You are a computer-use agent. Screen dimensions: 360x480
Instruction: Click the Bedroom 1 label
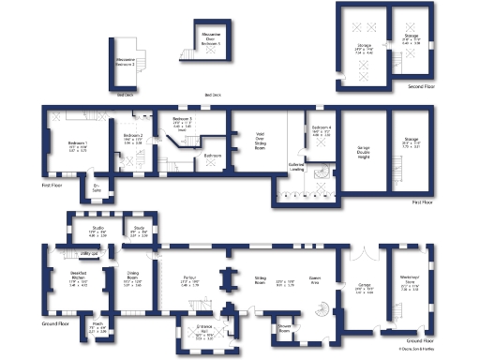tap(77, 142)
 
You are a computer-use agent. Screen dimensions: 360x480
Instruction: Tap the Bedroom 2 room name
tap(133, 135)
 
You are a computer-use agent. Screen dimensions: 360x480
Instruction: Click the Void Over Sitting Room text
tap(260, 142)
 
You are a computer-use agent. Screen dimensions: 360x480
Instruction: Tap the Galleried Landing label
tap(297, 167)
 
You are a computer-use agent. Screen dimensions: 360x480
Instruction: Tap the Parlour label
tap(188, 281)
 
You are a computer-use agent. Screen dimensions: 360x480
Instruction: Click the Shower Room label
tap(285, 329)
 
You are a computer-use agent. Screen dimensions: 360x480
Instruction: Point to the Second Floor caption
tap(421, 87)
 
